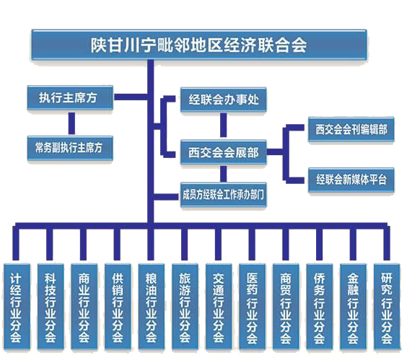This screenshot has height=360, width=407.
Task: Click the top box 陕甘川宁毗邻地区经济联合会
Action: pyautogui.click(x=199, y=45)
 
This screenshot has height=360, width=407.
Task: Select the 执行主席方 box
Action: pyautogui.click(x=70, y=97)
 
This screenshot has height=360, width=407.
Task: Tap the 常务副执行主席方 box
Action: pyautogui.click(x=70, y=148)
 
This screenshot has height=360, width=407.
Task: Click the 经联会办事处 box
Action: pyautogui.click(x=224, y=100)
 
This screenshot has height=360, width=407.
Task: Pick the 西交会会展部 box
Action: pyautogui.click(x=224, y=152)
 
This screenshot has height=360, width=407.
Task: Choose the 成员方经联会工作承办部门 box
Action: pyautogui.click(x=224, y=195)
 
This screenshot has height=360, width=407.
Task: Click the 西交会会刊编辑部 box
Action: pyautogui.click(x=351, y=129)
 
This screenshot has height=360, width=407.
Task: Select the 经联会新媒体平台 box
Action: pyautogui.click(x=351, y=180)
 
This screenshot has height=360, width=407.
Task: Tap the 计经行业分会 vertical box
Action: pyautogui.click(x=17, y=307)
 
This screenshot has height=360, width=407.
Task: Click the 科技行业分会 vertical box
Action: pyautogui.click(x=51, y=307)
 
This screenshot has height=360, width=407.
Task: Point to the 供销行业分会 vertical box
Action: pyautogui.click(x=118, y=307)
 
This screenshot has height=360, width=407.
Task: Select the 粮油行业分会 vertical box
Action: pyautogui.click(x=152, y=307)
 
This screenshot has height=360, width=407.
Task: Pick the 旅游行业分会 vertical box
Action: pyautogui.click(x=185, y=307)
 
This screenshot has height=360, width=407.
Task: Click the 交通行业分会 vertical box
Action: pyautogui.click(x=219, y=307)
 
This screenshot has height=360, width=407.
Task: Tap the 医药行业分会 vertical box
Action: pyautogui.click(x=253, y=307)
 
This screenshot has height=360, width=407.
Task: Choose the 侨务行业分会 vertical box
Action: pyautogui.click(x=320, y=307)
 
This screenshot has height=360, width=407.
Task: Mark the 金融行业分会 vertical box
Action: pyautogui.click(x=354, y=307)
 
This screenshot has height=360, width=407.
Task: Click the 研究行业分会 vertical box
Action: pyautogui.click(x=387, y=307)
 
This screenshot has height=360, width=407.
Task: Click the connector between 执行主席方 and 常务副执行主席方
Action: pyautogui.click(x=71, y=123)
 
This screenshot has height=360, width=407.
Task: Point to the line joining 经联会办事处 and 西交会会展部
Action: pyautogui.click(x=223, y=125)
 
